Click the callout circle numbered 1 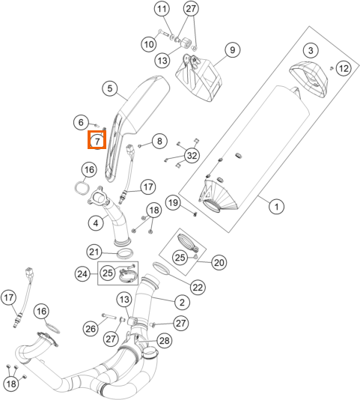point(277,207)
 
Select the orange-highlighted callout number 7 point(97,141)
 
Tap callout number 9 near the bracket point(233,49)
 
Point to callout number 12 point(344,68)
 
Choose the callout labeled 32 point(192,155)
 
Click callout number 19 point(173,203)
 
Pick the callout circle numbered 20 point(219,262)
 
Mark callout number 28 point(164,341)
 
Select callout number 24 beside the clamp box point(82,274)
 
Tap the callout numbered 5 point(109,88)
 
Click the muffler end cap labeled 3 point(308,79)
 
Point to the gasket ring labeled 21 point(125,254)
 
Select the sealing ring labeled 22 point(161,268)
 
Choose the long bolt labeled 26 point(109,316)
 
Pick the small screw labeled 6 point(97,125)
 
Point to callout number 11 point(162,9)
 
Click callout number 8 point(159,141)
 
